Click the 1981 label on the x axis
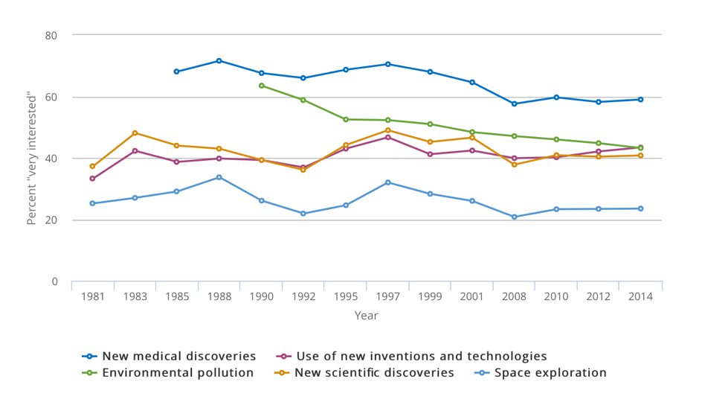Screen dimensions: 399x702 (x=92, y=296)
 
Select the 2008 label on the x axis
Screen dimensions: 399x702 (x=514, y=296)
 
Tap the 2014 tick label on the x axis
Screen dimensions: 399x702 (x=640, y=296)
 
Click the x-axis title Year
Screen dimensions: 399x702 (x=366, y=316)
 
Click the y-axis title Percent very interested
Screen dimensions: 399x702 (x=32, y=159)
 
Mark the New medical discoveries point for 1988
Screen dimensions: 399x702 (x=219, y=60)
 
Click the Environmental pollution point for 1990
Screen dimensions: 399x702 (x=261, y=86)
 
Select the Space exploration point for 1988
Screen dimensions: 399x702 (x=219, y=177)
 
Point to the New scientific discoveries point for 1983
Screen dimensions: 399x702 (x=135, y=133)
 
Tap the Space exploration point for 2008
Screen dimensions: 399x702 (x=514, y=217)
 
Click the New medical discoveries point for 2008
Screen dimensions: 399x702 (x=514, y=103)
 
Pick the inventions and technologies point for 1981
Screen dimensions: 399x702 (x=92, y=179)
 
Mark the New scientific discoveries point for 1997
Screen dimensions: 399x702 (x=387, y=130)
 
